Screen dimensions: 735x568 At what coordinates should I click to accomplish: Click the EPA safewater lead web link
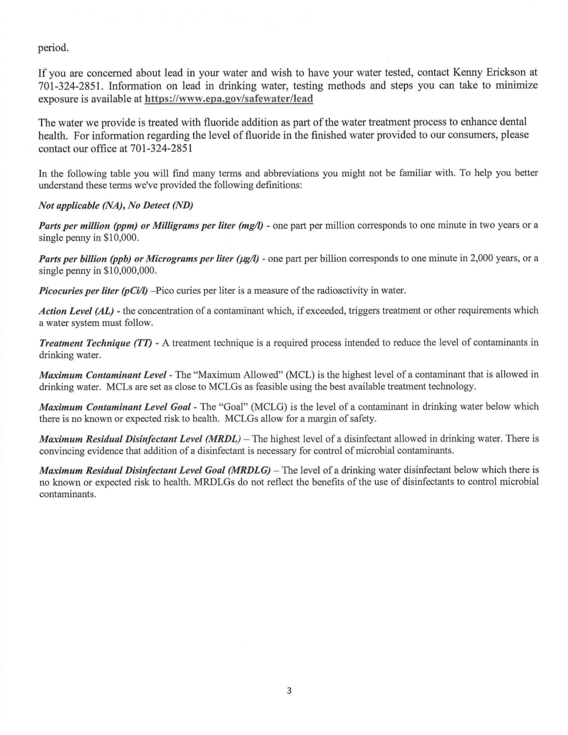coord(229,98)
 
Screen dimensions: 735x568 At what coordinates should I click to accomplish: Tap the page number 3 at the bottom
coord(289,691)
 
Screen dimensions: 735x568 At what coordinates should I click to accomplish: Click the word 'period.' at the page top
coord(54,48)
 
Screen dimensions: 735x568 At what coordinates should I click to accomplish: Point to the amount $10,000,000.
coord(130,270)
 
